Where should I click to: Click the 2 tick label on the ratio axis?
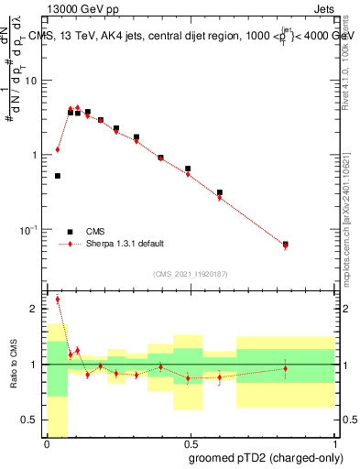pos(38,309)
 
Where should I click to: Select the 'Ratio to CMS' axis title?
pos(12,365)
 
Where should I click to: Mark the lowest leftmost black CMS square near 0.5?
pos(58,175)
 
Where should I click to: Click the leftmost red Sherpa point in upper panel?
pos(58,149)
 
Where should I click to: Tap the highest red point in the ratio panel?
pos(58,299)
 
